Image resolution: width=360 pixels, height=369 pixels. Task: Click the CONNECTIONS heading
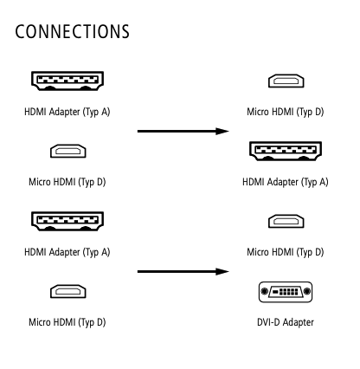(x=72, y=31)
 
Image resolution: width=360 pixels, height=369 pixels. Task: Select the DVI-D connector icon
(x=286, y=292)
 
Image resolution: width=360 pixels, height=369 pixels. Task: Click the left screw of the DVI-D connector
(x=264, y=292)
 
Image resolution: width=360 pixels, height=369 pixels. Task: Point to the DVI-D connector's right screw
(x=307, y=292)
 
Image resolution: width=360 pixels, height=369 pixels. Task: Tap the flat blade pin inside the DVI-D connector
(x=275, y=292)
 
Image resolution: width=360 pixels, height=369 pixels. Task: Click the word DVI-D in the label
(x=268, y=322)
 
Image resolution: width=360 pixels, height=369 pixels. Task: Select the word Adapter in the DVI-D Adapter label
(x=298, y=322)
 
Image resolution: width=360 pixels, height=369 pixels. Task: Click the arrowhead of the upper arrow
(x=222, y=131)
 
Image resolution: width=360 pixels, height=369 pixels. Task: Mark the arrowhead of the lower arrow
(x=222, y=271)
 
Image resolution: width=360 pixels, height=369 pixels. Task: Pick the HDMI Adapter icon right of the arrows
(x=286, y=151)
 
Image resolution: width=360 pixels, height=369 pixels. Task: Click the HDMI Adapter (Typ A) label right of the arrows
(x=286, y=182)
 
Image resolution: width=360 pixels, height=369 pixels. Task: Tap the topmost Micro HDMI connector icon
(x=286, y=81)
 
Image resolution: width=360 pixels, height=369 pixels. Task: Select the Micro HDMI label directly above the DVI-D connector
(x=286, y=252)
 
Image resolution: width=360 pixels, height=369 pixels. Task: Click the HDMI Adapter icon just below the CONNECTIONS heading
(x=67, y=81)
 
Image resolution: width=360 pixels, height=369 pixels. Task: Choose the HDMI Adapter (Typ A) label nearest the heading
(x=67, y=112)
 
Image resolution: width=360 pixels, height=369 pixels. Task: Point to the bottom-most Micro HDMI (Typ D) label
(x=67, y=322)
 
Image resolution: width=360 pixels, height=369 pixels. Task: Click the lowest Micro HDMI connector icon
(x=68, y=291)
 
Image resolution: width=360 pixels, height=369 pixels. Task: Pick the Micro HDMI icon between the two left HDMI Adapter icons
(x=68, y=151)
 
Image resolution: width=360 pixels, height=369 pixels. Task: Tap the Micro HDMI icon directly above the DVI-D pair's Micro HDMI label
(x=286, y=221)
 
